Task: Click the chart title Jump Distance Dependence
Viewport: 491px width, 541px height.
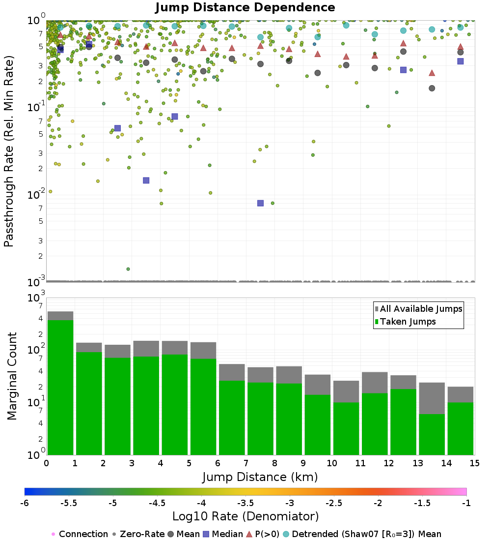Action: point(245,8)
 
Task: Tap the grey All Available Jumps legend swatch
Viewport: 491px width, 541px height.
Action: point(377,309)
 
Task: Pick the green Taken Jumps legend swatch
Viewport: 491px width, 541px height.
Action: point(377,322)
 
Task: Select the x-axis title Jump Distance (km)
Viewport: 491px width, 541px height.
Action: point(260,477)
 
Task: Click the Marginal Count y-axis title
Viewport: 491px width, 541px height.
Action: point(12,376)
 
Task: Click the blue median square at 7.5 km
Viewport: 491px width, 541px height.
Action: point(260,203)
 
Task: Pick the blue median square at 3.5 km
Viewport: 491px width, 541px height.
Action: point(146,180)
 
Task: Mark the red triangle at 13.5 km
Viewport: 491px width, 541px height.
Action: point(432,73)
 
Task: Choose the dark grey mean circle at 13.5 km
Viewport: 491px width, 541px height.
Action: point(432,88)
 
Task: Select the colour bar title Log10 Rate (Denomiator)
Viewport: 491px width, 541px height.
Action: point(245,516)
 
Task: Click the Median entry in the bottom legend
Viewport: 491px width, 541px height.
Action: point(223,534)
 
